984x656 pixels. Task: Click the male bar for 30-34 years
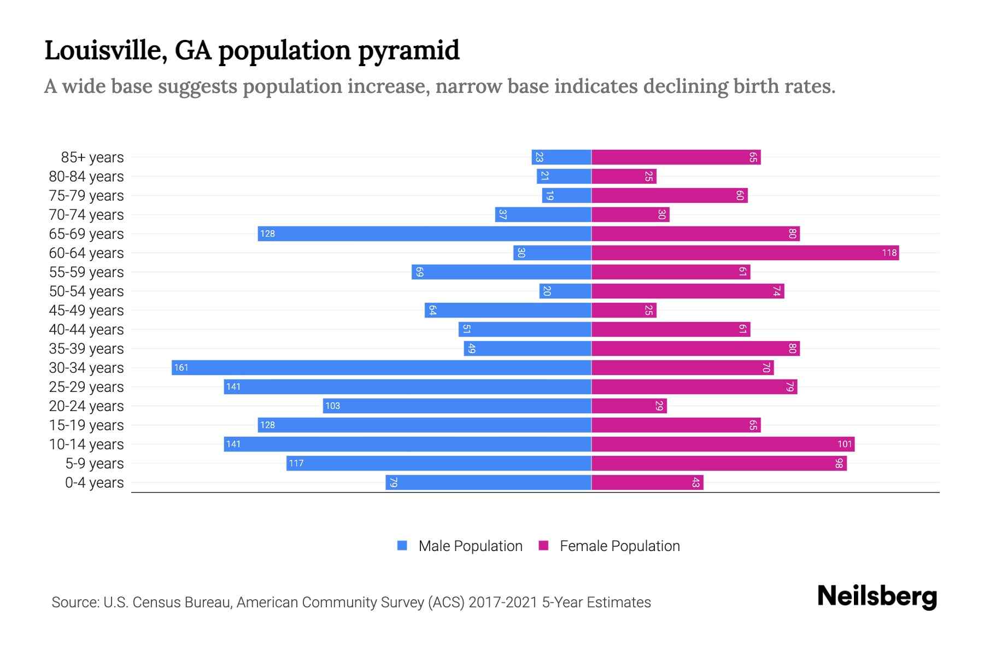[382, 368]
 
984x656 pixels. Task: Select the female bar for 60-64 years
[745, 253]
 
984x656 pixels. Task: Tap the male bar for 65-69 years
[425, 234]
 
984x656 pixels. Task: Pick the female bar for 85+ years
[676, 157]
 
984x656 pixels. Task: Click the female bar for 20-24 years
[629, 406]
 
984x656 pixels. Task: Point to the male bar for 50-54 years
[565, 291]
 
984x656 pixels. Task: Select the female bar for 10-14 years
[723, 444]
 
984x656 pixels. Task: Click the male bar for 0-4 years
[488, 483]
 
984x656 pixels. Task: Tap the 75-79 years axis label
[86, 196]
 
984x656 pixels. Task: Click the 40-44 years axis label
[86, 330]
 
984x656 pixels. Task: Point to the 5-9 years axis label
[95, 464]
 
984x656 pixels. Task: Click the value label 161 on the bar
[181, 368]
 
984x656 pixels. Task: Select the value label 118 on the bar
[889, 253]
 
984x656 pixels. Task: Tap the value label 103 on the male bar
[332, 406]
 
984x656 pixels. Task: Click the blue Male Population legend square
[402, 546]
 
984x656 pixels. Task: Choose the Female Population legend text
[619, 546]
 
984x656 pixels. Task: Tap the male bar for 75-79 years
[566, 196]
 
